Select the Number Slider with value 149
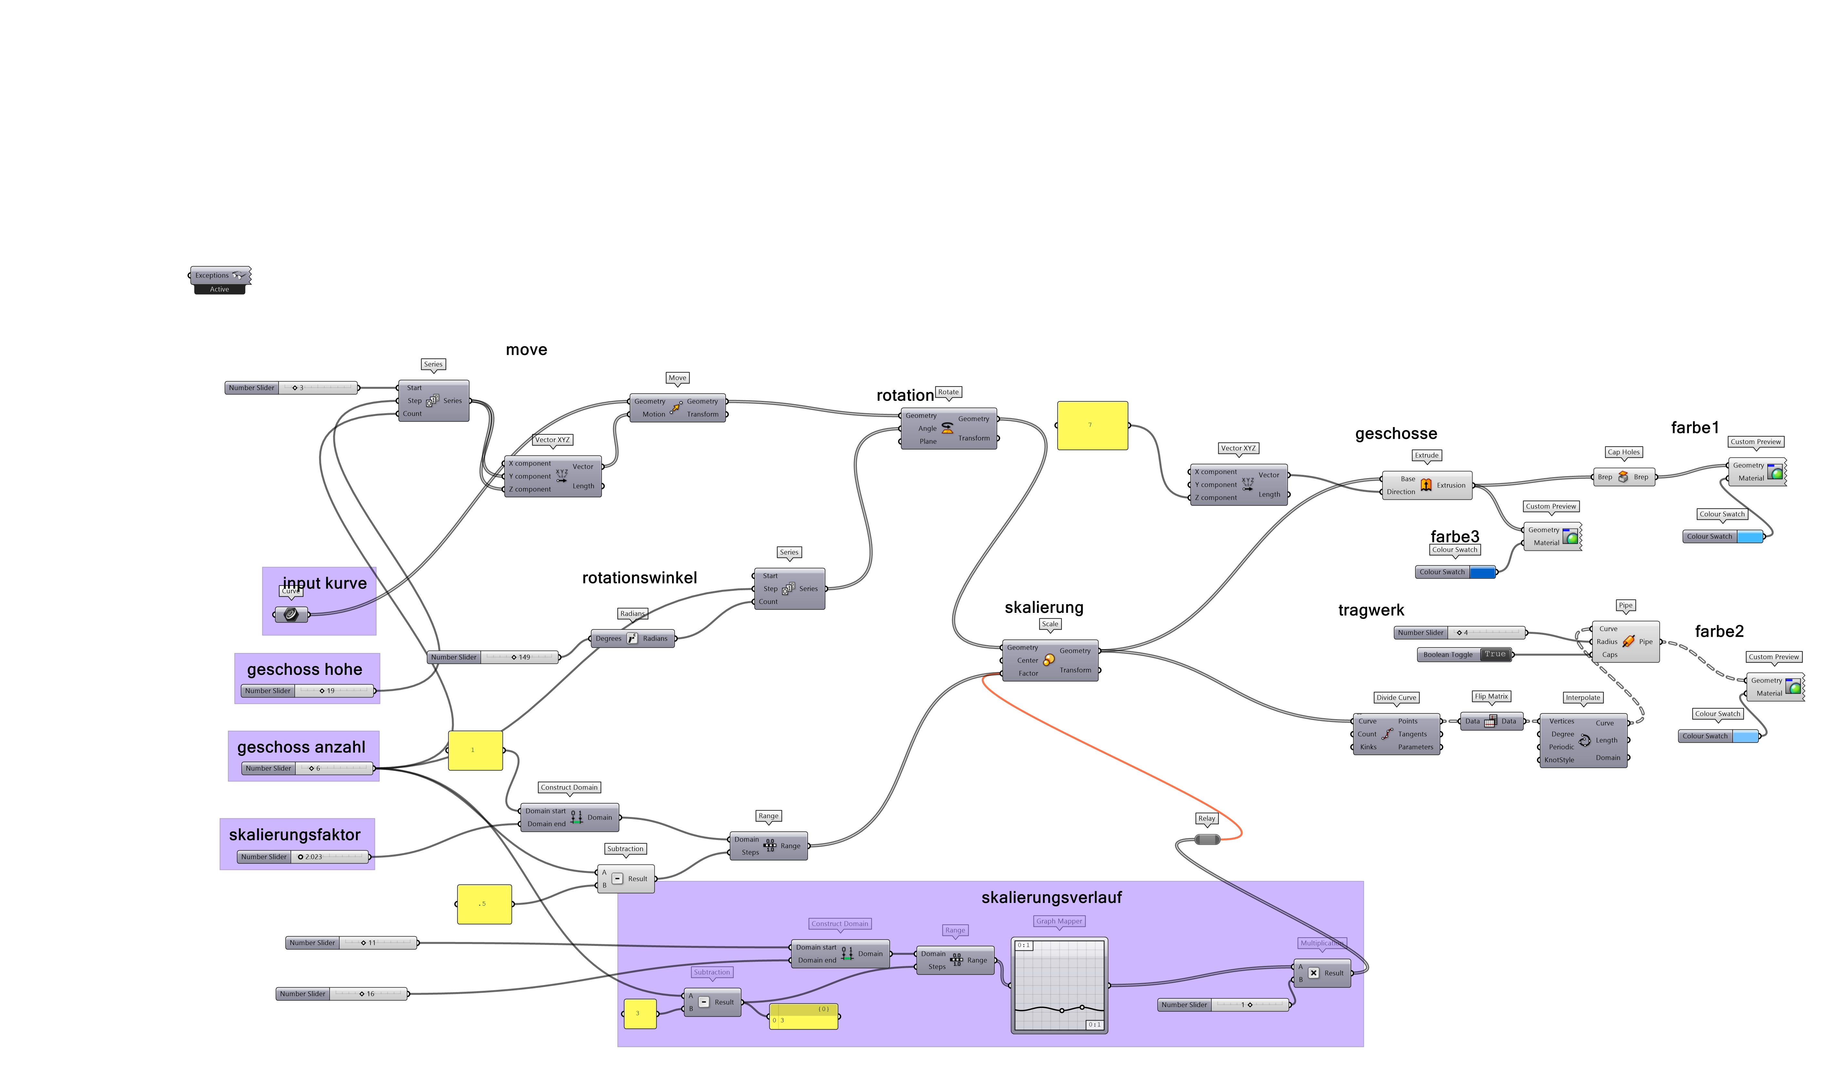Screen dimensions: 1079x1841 [x=494, y=657]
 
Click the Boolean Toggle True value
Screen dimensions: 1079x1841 [x=1495, y=655]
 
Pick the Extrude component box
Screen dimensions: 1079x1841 [x=1426, y=485]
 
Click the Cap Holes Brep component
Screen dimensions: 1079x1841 [x=1623, y=477]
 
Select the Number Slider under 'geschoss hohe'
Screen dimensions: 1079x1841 [x=307, y=691]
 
